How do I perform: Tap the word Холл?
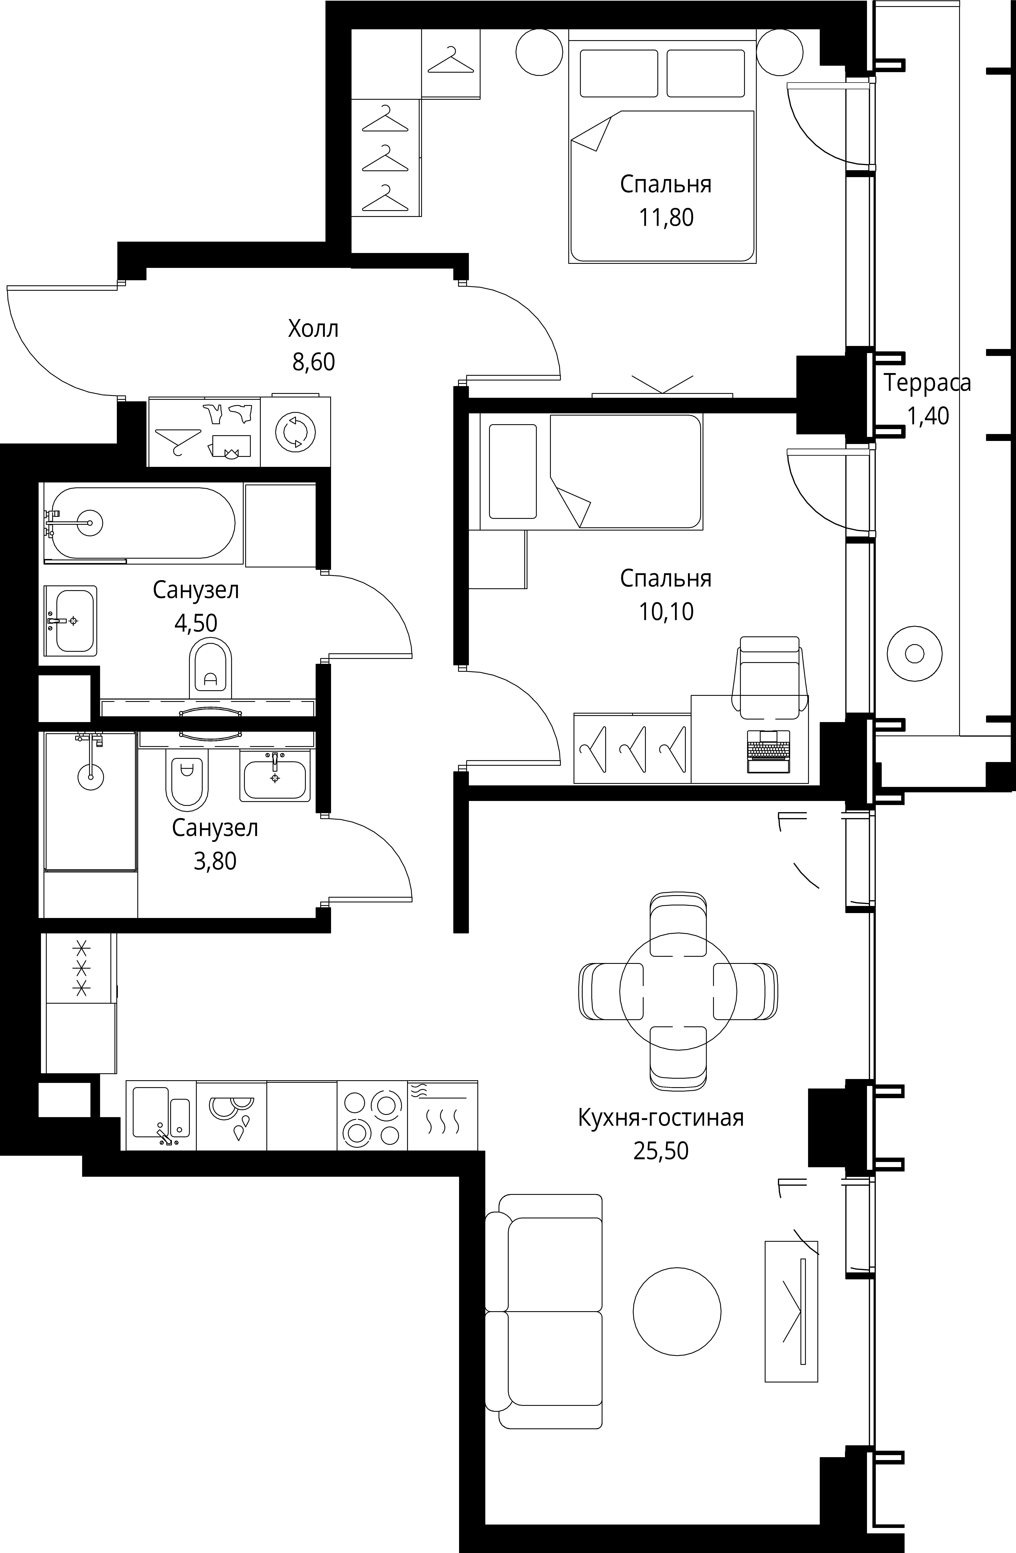pos(313,329)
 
